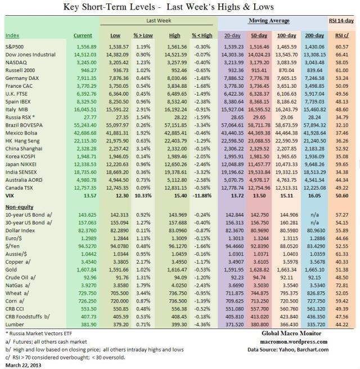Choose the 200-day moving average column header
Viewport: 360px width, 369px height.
pos(313,35)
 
